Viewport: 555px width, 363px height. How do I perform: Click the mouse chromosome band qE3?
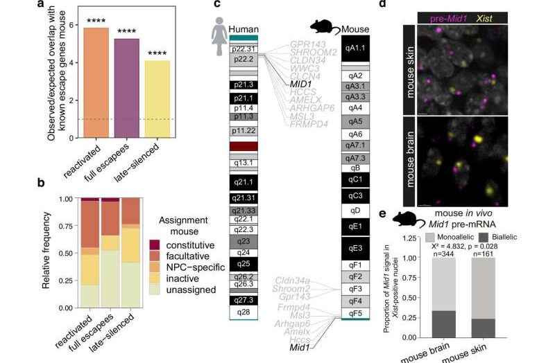356,247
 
